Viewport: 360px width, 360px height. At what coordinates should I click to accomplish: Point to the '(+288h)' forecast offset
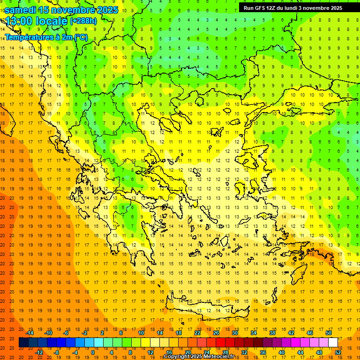[x=83, y=21]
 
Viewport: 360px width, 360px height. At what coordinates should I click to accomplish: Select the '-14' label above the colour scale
[x=30, y=333]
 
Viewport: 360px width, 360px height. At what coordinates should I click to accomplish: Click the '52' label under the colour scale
[x=338, y=352]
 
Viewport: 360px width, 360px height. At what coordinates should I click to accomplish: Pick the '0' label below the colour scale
[x=93, y=352]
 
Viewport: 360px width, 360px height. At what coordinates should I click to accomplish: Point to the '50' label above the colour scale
[x=328, y=333]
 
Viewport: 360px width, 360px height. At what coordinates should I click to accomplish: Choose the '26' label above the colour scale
[x=216, y=333]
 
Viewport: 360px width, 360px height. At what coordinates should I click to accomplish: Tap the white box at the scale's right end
[x=333, y=343]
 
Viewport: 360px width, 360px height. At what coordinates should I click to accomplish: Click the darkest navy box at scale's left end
[x=23, y=343]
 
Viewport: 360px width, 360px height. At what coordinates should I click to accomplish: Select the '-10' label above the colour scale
[x=48, y=333]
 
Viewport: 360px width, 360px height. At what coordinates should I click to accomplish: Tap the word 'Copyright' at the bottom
[x=177, y=357]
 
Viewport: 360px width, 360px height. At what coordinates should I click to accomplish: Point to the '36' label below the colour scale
[x=263, y=352]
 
